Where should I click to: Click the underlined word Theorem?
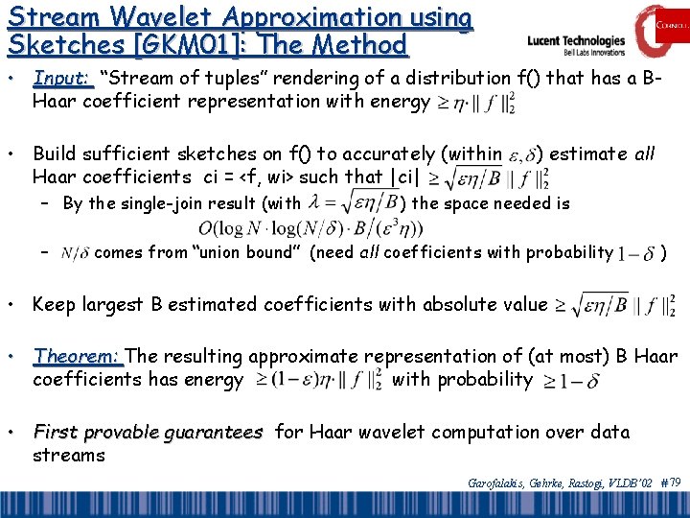pos(78,356)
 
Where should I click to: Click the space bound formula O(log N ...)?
pos(310,229)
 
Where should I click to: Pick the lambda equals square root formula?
pos(352,202)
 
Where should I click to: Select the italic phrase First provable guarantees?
pos(147,433)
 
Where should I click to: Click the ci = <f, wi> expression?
pos(256,177)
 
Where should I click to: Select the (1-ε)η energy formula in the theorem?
pos(319,379)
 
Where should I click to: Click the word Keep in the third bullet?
pos(53,305)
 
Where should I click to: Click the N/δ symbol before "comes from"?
pos(75,253)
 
